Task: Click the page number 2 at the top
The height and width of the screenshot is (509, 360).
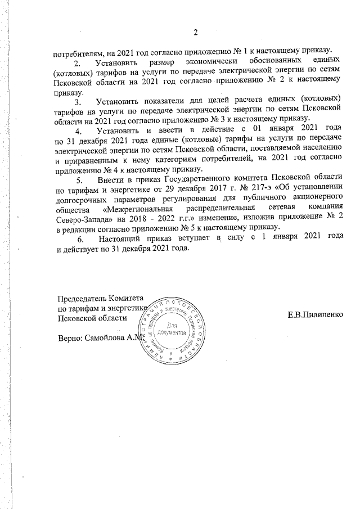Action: point(196,31)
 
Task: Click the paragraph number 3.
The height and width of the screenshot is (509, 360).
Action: point(78,102)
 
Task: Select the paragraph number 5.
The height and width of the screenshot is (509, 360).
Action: point(78,180)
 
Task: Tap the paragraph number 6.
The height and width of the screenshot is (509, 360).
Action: point(78,239)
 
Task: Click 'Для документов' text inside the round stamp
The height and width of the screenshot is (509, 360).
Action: point(175,330)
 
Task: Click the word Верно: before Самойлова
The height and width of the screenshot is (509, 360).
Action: point(69,339)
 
